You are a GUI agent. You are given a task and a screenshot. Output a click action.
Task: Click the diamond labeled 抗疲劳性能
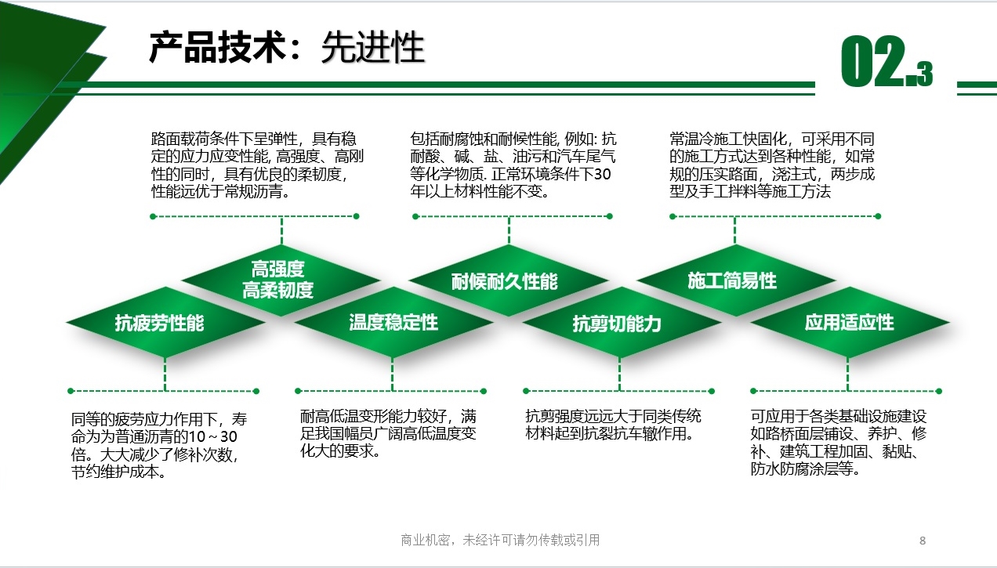point(165,322)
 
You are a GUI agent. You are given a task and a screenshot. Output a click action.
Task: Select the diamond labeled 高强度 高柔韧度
point(281,280)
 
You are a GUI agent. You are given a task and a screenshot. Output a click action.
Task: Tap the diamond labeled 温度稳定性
point(393,322)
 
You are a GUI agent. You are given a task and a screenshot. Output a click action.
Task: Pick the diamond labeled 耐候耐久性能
point(508,280)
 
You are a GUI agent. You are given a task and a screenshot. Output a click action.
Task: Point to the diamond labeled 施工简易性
point(736,280)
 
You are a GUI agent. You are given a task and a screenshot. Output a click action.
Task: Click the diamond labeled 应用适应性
point(849,322)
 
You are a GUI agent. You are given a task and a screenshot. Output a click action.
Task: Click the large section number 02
point(873,61)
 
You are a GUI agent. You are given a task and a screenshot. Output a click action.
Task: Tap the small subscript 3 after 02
point(925,74)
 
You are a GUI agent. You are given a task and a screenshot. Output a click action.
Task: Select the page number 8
point(923,541)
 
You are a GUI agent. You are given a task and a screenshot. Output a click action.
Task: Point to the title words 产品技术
point(217,47)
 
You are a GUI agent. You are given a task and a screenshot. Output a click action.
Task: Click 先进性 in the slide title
point(372,47)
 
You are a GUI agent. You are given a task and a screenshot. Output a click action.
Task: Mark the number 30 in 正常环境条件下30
point(602,174)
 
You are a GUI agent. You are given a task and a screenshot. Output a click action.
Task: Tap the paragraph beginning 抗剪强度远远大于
point(614,425)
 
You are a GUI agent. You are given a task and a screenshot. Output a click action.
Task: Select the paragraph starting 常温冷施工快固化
point(772,165)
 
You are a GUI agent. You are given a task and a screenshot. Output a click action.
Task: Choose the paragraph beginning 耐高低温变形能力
point(388,434)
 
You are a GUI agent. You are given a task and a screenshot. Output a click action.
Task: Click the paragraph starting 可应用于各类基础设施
point(838,443)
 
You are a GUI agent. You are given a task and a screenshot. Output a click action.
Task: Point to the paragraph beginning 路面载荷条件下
point(257,165)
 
